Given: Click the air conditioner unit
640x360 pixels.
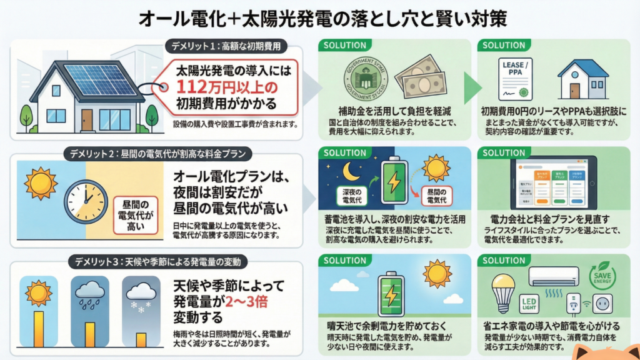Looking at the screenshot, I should click(552, 276).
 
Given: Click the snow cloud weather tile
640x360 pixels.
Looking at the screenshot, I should click(141, 307).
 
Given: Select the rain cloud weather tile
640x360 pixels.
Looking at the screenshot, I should click(90, 307).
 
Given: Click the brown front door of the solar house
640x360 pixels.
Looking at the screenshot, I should click(87, 119).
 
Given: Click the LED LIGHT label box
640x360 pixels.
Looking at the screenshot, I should click(529, 305).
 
